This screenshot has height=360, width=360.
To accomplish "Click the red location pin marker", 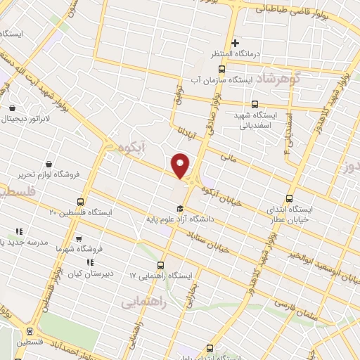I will (x=181, y=165).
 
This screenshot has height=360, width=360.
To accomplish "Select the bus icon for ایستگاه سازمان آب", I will (x=222, y=69).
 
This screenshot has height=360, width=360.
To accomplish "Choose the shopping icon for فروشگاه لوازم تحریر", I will (x=48, y=164).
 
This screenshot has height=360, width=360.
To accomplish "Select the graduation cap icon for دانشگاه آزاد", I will (x=180, y=208).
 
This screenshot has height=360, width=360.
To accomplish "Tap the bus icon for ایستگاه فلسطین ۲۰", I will (x=80, y=202).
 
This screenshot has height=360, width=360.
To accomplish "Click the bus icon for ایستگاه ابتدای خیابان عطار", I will (x=289, y=199).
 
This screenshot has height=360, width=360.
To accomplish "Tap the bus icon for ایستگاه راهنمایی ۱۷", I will (x=160, y=265).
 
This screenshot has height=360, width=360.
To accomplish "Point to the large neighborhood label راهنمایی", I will (x=143, y=302).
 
